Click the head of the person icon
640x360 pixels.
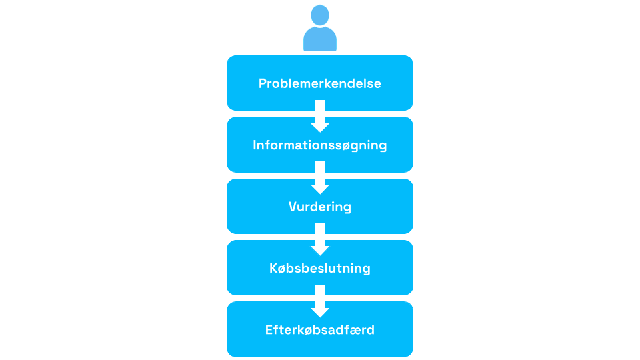pos(320,15)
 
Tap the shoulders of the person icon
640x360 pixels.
pos(320,40)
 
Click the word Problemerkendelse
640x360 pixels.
pos(320,83)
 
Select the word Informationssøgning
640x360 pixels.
pos(320,145)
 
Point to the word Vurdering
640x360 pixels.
pos(320,207)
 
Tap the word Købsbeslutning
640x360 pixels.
pos(320,269)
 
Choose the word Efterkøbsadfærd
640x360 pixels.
pos(320,329)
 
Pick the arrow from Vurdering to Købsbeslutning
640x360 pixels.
pos(320,239)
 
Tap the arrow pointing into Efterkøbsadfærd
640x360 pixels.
pos(320,300)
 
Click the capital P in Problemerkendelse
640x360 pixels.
pos(263,83)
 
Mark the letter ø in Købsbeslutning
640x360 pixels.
pos(282,269)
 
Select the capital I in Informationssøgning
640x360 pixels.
pos(255,145)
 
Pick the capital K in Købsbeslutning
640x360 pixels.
pos(273,269)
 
